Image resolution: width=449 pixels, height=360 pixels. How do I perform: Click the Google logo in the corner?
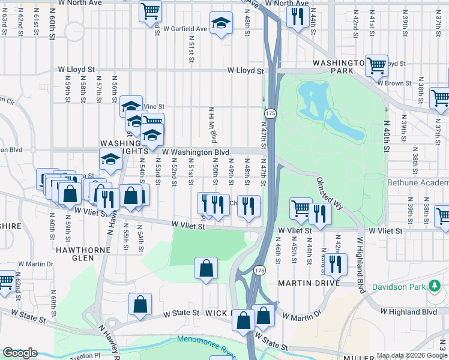(20, 353)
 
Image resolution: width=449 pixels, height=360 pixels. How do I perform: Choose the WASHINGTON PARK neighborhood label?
(339, 66)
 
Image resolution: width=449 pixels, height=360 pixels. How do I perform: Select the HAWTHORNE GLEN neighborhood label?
(84, 254)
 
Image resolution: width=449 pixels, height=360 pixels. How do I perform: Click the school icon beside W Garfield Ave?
(221, 25)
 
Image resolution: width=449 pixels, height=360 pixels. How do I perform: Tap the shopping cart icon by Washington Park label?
(376, 65)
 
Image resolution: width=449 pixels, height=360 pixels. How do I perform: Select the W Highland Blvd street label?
(408, 312)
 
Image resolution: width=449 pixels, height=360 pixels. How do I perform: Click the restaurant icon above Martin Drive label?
(335, 264)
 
